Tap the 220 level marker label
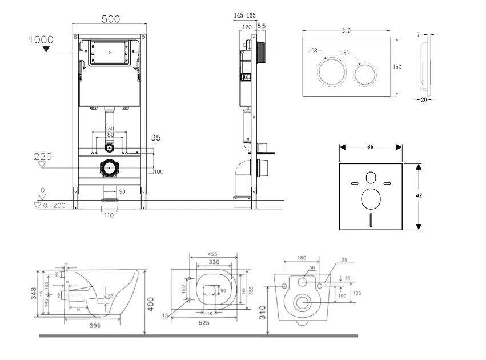[43, 156]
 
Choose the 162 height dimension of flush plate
[397, 66]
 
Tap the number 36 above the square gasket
[370, 147]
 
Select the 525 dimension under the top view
[204, 323]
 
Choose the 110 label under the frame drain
[109, 215]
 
